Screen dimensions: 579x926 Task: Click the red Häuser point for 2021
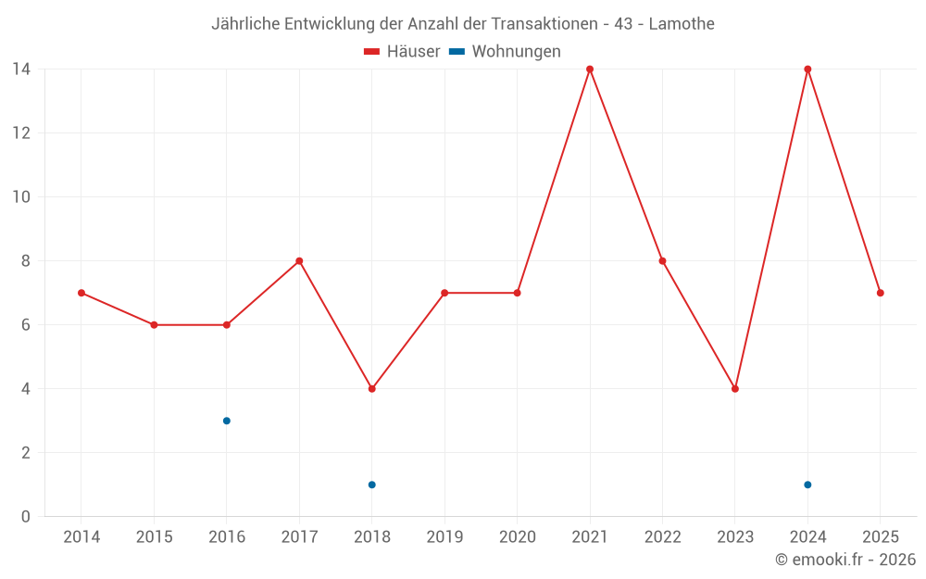click(x=590, y=69)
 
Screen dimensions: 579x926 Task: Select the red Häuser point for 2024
click(x=807, y=69)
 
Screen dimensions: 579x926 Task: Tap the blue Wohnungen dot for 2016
click(x=227, y=421)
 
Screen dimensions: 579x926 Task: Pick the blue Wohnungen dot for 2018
click(x=372, y=485)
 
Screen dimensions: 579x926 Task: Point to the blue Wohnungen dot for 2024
click(x=807, y=485)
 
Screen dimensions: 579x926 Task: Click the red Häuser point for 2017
click(x=299, y=261)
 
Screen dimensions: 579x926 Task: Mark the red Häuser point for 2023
click(x=735, y=389)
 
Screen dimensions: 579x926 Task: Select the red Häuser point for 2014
click(x=81, y=293)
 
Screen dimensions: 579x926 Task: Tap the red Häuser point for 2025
click(x=881, y=293)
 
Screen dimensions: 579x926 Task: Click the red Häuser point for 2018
click(x=372, y=389)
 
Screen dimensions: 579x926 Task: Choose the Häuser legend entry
click(x=402, y=52)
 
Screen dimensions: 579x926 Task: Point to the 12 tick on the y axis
click(x=20, y=132)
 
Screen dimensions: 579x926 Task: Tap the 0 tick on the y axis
click(x=25, y=517)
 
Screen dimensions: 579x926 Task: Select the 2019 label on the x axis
click(x=444, y=537)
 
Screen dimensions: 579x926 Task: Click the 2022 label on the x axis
click(x=662, y=537)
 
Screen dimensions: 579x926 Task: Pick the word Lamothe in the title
click(x=682, y=24)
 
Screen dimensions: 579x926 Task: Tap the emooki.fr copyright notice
click(x=845, y=560)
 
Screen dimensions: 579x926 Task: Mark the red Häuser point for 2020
click(x=518, y=293)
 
